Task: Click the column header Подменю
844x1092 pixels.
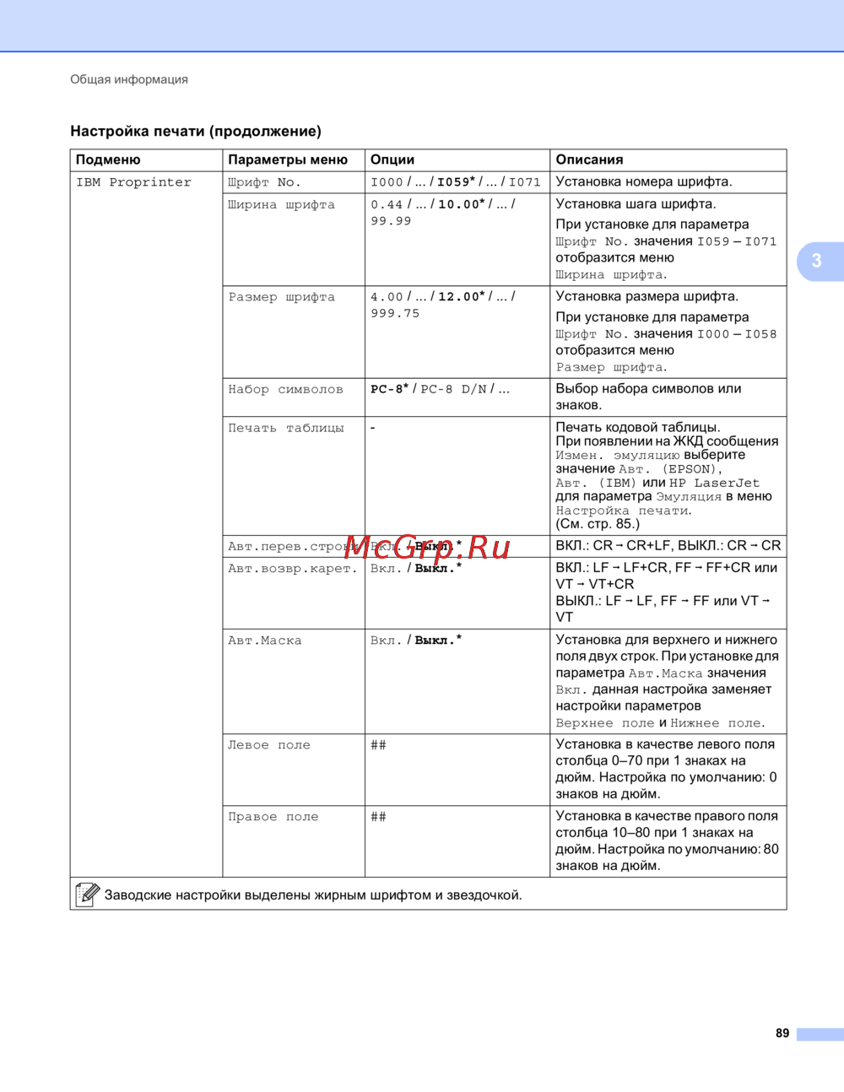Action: [x=108, y=159]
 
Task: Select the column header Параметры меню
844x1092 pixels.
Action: [x=288, y=159]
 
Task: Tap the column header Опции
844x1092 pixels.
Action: [x=392, y=159]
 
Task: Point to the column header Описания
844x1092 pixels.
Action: [x=589, y=159]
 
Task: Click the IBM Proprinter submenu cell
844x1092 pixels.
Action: [x=133, y=182]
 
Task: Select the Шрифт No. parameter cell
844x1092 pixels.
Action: [x=264, y=182]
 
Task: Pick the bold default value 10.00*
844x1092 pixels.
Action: [x=461, y=204]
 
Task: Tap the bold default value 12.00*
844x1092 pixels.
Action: [x=461, y=297]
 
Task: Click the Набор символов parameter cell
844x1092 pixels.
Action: [x=285, y=389]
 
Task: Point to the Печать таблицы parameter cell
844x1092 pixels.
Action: [x=286, y=428]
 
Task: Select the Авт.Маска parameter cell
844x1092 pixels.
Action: [x=264, y=641]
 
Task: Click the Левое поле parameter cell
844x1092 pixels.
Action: [x=269, y=745]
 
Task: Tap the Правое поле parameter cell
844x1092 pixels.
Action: [x=273, y=817]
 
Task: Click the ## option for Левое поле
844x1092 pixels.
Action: [x=379, y=745]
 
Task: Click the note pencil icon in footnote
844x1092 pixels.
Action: [x=87, y=895]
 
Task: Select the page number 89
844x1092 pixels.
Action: [x=782, y=1033]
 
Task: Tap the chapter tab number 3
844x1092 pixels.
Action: [x=816, y=261]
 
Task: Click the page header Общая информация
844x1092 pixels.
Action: [x=129, y=79]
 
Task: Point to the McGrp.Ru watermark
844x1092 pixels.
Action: [x=427, y=547]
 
